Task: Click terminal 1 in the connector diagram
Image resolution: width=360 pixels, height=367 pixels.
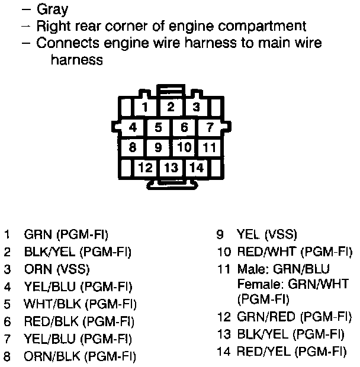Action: click(144, 108)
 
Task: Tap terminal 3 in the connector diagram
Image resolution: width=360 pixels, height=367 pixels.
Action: click(196, 108)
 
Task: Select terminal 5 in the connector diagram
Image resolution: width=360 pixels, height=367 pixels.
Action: click(159, 127)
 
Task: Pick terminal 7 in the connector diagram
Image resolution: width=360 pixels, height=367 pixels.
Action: click(210, 127)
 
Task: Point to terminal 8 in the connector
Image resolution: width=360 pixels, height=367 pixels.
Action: click(133, 147)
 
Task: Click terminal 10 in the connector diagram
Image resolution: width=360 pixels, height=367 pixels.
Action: click(184, 147)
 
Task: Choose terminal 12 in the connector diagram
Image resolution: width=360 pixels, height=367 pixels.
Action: click(145, 168)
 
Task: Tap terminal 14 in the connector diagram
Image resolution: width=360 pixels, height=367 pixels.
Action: click(197, 168)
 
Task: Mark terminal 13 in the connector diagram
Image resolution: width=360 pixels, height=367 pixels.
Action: click(171, 168)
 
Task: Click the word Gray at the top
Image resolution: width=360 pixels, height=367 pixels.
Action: click(52, 9)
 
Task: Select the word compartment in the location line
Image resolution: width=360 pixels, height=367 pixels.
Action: click(261, 26)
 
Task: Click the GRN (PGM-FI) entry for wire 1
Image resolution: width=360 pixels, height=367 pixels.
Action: click(66, 234)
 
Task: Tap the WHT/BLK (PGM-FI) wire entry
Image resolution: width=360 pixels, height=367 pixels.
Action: click(80, 304)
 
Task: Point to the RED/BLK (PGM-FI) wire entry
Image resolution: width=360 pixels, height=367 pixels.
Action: click(79, 322)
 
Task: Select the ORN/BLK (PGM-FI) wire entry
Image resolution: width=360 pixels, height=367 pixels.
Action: click(79, 357)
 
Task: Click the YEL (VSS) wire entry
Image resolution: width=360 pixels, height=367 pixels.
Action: click(266, 234)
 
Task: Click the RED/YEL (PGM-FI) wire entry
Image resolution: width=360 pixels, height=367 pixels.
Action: click(291, 352)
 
